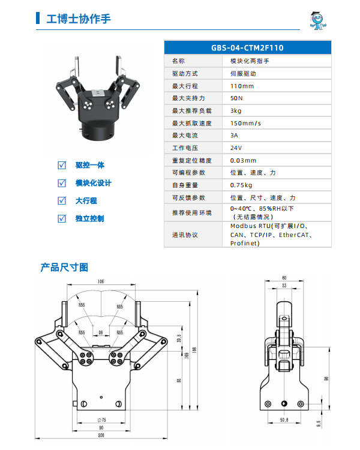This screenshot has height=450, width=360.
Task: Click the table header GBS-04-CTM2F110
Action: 247,47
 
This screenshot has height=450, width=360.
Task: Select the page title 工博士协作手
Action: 79,19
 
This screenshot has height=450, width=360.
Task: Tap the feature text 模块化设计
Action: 93,183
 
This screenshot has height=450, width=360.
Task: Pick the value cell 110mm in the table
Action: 242,86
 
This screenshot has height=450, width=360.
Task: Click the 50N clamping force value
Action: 236,98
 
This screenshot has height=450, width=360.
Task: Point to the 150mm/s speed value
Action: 246,123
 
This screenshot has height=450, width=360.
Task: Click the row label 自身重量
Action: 185,185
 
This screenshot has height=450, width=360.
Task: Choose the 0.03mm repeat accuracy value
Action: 243,160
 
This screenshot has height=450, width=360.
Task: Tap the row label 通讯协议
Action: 185,235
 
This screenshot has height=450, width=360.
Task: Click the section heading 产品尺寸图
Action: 64,267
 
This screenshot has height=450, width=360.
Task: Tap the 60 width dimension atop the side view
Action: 284,277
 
